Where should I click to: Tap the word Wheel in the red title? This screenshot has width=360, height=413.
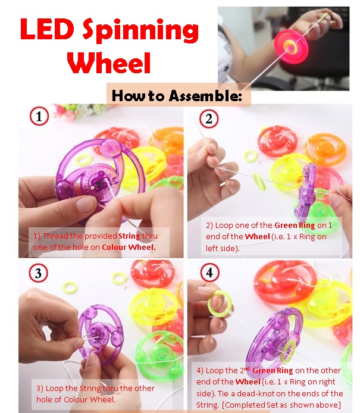pyautogui.click(x=108, y=62)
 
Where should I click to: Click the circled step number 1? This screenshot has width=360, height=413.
pyautogui.click(x=39, y=117)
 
